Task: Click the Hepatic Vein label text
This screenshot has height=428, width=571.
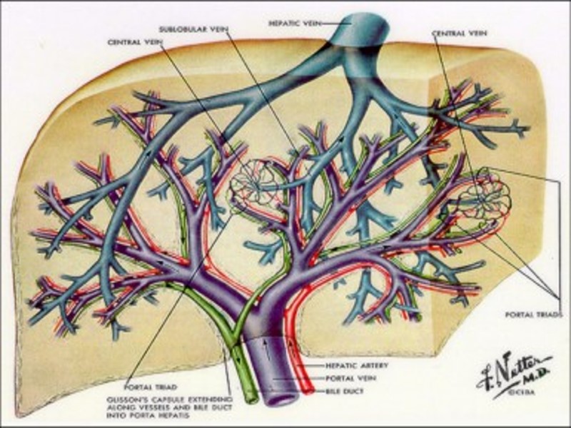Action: tap(289, 23)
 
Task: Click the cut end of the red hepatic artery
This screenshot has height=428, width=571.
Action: tap(305, 389)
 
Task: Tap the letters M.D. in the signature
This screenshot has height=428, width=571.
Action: tap(537, 376)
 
